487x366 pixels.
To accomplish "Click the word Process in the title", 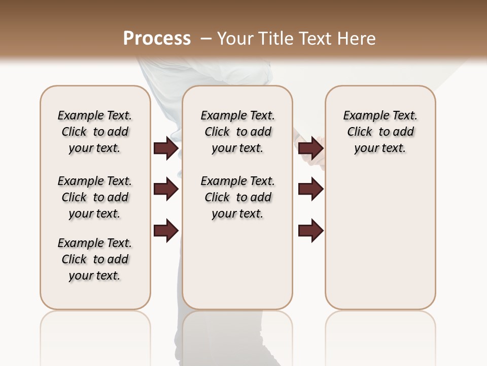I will click(x=157, y=39).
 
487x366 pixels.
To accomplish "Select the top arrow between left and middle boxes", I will click(x=165, y=148).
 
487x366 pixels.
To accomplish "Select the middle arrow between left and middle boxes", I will click(x=165, y=190).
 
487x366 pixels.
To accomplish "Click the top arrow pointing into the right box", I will click(x=310, y=148).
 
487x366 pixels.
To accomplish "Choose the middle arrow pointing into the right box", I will click(x=310, y=190).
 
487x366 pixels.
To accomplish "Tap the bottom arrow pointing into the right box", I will click(x=310, y=231).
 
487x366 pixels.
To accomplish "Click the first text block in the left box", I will click(x=95, y=132).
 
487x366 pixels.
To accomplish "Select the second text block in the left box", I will click(x=95, y=197).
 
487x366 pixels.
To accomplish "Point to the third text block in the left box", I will click(x=95, y=259).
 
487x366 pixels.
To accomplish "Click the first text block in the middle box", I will click(x=237, y=132).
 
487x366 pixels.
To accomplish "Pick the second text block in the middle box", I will click(x=237, y=197).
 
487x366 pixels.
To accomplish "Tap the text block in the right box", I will click(x=380, y=132).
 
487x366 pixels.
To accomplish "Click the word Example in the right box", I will click(x=362, y=116).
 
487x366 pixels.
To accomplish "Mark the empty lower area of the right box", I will click(x=380, y=239).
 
